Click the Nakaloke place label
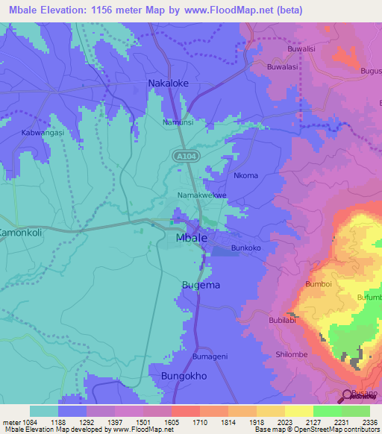point(168,84)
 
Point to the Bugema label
point(201,285)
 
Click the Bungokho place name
point(184,376)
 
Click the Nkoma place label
point(245,176)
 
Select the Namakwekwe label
point(201,195)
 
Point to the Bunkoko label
point(246,247)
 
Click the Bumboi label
point(318,285)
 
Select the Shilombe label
point(292,354)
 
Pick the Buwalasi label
point(284,67)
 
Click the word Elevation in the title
point(58,10)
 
